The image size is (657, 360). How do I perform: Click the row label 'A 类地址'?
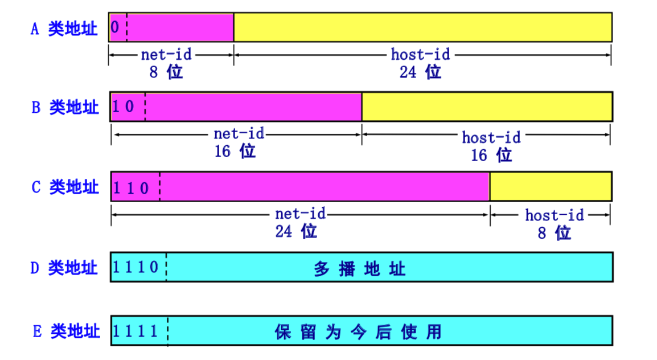coord(64,29)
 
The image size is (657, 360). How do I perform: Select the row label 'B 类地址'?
coord(65,107)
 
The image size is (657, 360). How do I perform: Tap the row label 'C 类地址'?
coord(65,187)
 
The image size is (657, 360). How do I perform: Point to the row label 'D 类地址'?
coord(64,267)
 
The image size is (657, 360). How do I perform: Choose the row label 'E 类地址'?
coord(66,331)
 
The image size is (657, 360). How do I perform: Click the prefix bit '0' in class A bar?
coord(116,27)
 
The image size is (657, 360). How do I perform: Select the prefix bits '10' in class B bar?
coord(124,107)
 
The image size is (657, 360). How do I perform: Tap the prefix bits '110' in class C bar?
coord(132,187)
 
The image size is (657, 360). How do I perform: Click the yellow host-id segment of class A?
coord(422,27)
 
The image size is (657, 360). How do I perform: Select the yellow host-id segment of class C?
coord(551,186)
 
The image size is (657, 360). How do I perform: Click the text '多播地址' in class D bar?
coord(360,268)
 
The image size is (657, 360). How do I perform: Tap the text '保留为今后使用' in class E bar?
coord(358,332)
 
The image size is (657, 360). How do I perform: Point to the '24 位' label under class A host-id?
coord(420,72)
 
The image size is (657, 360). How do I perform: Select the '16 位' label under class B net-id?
coord(235,152)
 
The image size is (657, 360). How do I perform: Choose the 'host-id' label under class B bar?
coord(491,137)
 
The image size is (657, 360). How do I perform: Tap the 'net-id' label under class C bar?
coord(300,214)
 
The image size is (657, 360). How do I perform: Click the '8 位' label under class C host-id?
coord(554,233)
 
